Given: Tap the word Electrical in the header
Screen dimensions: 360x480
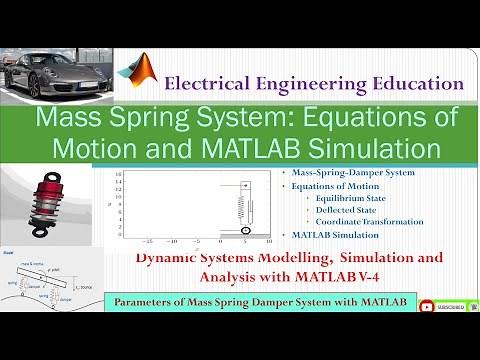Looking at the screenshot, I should (x=216, y=84).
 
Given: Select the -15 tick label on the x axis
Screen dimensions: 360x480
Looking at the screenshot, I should (x=147, y=242).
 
